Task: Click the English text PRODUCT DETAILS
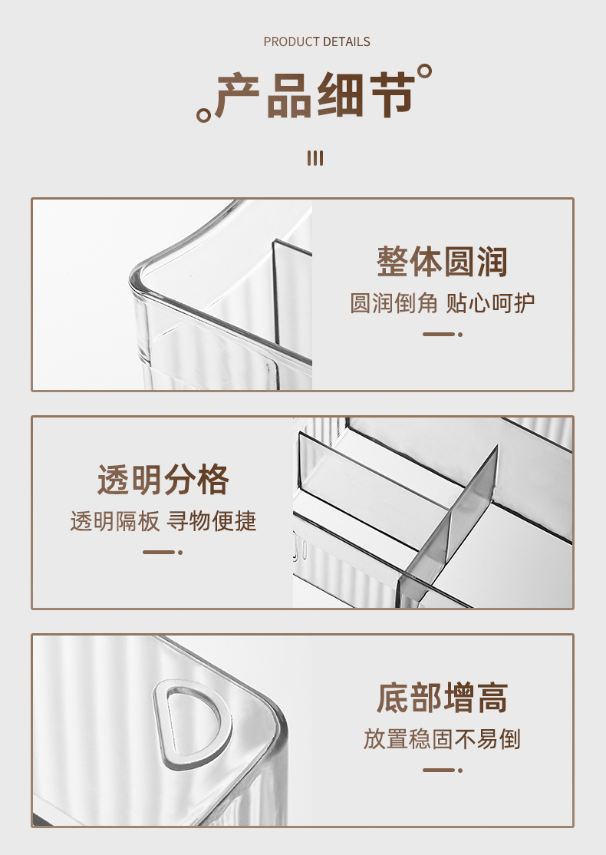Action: pos(317,42)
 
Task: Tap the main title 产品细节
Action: pos(315,95)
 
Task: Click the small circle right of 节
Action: pos(424,71)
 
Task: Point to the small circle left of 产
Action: pos(203,115)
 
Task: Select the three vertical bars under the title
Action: pos(315,158)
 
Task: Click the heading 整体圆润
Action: pos(442,262)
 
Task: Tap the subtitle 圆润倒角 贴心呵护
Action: pos(442,303)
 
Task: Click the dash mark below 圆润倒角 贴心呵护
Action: pos(443,335)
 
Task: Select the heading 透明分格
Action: pos(163,480)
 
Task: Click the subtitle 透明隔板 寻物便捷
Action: pos(163,521)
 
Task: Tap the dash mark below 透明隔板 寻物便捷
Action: pos(163,553)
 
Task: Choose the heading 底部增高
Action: pos(442,698)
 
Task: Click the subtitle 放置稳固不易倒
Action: pos(442,739)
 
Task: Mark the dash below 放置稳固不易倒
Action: pos(443,771)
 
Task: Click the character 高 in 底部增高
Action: pos(492,698)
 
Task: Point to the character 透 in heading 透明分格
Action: pos(114,480)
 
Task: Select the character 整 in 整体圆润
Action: pos(393,262)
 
